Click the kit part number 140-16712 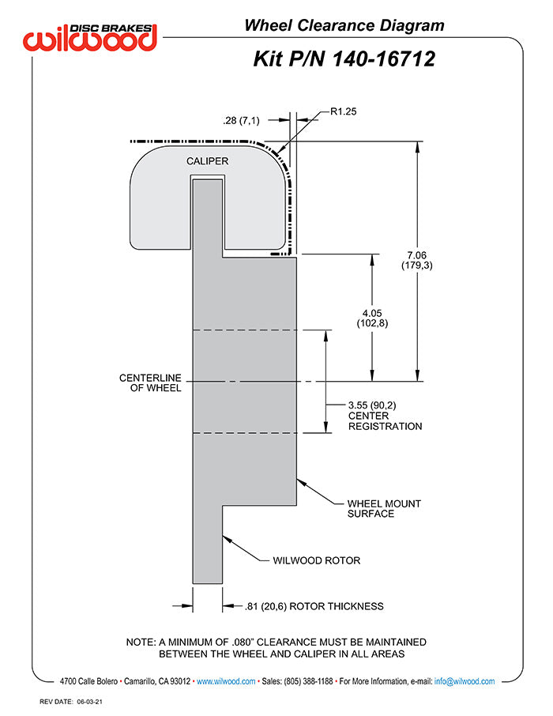click(344, 58)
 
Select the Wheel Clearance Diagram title click(344, 25)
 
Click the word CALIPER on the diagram click(208, 161)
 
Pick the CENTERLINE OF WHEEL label click(150, 382)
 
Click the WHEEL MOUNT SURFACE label click(384, 508)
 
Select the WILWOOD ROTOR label click(316, 560)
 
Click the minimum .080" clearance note click(276, 647)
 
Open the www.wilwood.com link click(226, 681)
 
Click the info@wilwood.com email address click(465, 681)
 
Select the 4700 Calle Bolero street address click(89, 681)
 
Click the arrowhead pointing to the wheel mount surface click(300, 480)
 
